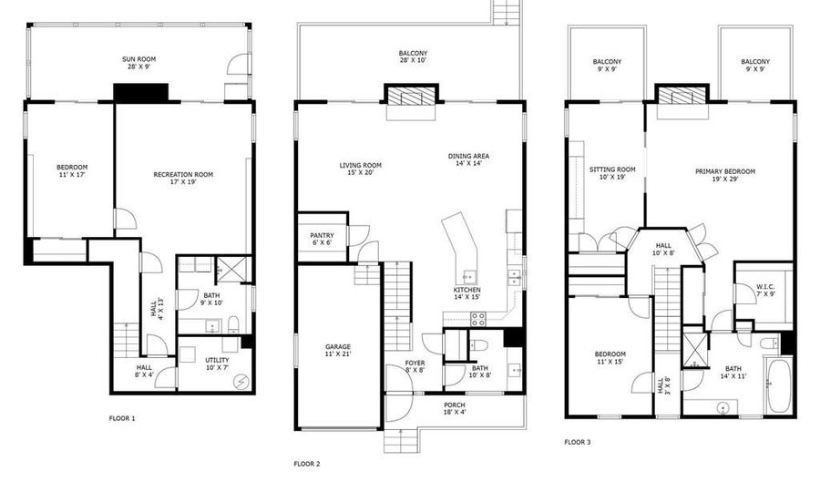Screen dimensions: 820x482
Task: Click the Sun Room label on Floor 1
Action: pos(139,63)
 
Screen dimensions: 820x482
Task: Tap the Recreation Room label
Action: pos(183,179)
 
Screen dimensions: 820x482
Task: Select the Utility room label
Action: pos(217,364)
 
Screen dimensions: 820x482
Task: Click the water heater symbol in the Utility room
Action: pos(241,382)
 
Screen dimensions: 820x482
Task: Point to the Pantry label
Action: pos(322,239)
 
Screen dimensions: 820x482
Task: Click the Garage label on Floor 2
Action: pos(338,350)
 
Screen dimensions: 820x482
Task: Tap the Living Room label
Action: pos(360,169)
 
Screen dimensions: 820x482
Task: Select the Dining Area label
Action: pos(468,159)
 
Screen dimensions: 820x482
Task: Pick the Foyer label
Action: pos(415,366)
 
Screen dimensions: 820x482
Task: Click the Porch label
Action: pos(455,408)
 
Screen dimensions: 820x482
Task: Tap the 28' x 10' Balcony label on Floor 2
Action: pos(413,56)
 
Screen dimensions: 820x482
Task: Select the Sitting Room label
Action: pos(612,173)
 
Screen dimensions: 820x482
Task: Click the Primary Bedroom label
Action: pos(725,175)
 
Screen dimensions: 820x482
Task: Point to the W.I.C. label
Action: pos(765,291)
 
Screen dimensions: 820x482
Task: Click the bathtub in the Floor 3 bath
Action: pos(779,385)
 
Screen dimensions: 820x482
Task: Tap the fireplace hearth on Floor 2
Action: pos(411,112)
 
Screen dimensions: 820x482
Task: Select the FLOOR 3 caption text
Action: pos(578,442)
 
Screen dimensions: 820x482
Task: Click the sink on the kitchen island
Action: pos(469,276)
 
